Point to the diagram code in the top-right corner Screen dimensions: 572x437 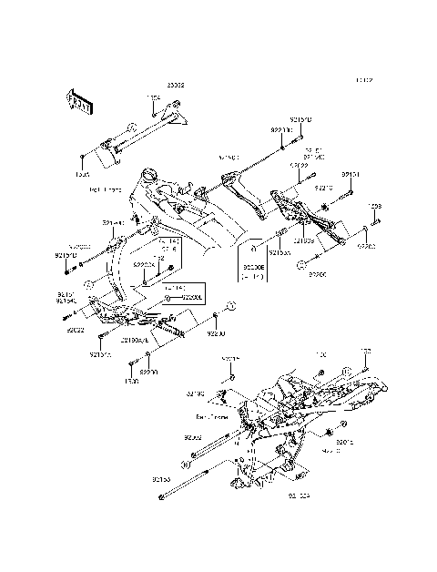pyautogui.click(x=365, y=80)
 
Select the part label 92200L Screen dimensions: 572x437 pyautogui.click(x=190, y=297)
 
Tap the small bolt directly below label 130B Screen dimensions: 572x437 pyautogui.click(x=374, y=219)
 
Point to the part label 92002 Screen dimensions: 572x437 pyautogui.click(x=192, y=438)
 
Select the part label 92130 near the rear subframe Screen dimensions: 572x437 pyautogui.click(x=195, y=393)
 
